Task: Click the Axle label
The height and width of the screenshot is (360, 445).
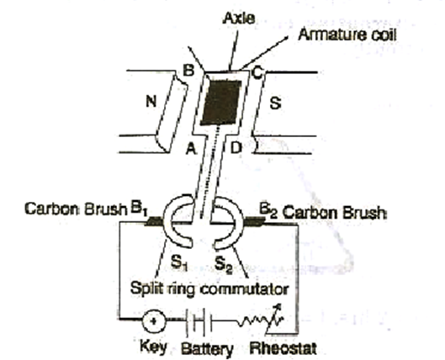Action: point(239,19)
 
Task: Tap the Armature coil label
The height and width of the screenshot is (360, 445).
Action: point(347,34)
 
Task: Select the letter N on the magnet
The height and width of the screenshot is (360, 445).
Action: point(151,101)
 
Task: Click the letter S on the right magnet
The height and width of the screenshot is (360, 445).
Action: point(275,103)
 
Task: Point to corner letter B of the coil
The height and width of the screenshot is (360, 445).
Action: point(188,71)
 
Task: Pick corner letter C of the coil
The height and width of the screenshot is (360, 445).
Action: point(257,73)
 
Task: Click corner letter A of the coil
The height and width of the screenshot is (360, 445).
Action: point(191,148)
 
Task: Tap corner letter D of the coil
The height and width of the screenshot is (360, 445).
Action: point(236,148)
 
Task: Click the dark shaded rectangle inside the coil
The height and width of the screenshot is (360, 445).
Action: point(220,103)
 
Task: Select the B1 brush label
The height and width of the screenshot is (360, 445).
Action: point(139,209)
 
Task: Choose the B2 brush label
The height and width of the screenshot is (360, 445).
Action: point(268,211)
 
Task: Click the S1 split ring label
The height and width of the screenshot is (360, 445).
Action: point(179,263)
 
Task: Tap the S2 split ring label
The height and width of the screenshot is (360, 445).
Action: point(224,265)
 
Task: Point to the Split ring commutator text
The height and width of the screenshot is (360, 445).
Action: point(209,289)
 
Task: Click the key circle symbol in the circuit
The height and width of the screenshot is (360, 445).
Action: point(154,321)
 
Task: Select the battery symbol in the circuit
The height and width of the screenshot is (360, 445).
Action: point(199,321)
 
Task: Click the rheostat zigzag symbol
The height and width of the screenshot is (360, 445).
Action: point(260,319)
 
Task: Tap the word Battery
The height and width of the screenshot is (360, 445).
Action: point(207,349)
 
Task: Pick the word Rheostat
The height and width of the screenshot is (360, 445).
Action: point(283,348)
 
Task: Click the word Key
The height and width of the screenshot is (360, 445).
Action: point(154,347)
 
